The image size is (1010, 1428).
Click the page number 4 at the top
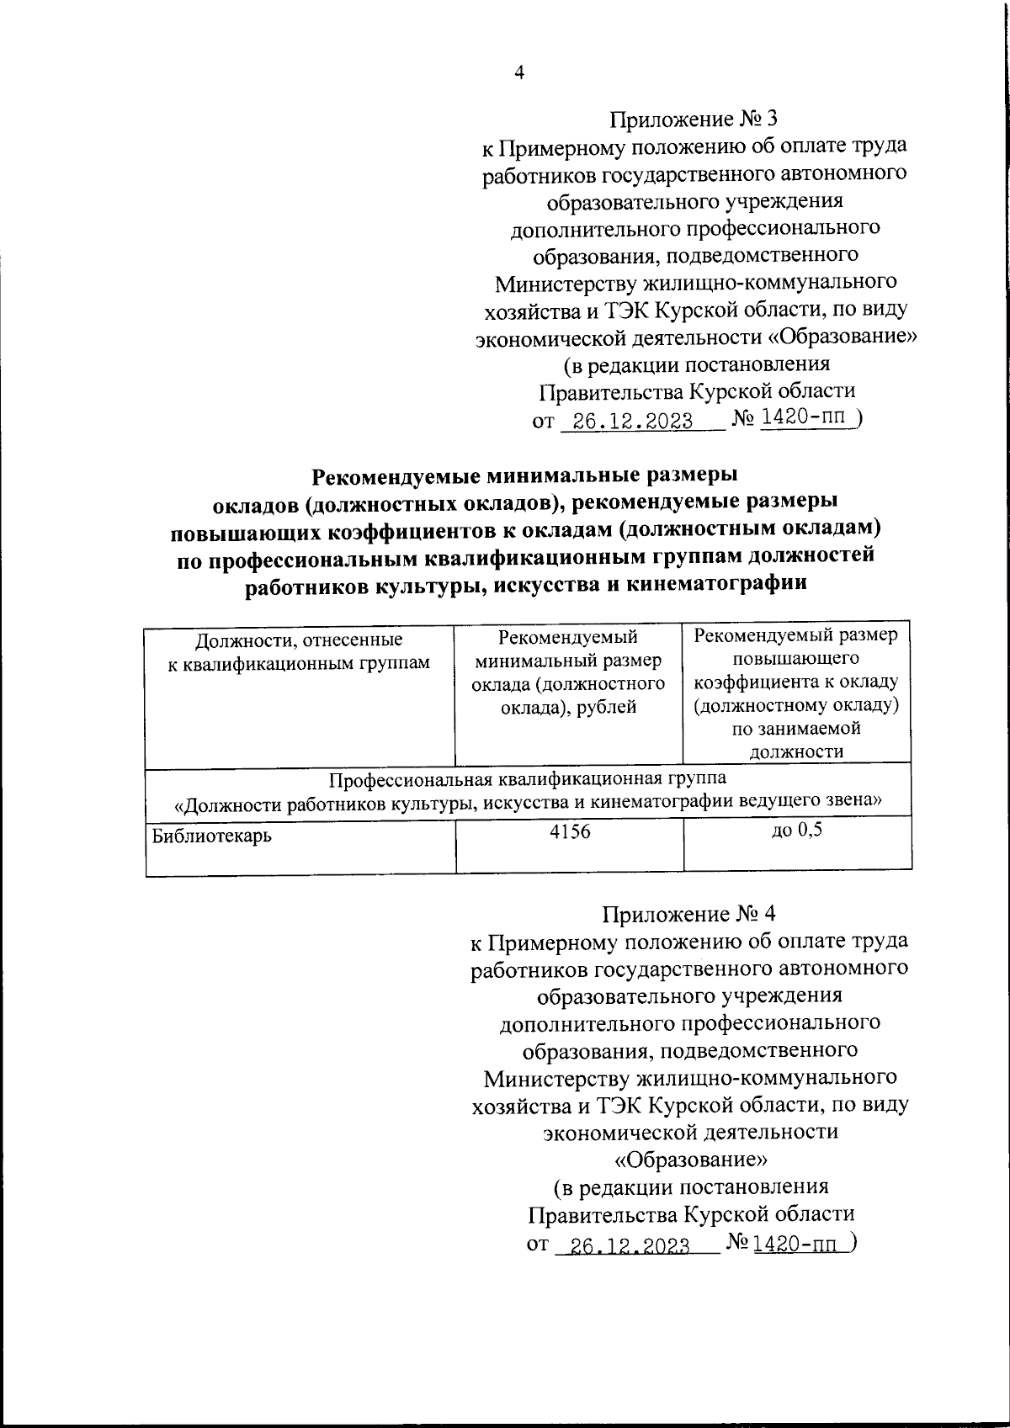tap(519, 74)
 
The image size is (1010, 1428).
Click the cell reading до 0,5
tap(796, 831)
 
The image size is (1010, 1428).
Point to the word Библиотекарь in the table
tap(212, 836)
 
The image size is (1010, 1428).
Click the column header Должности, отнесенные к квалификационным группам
tap(299, 652)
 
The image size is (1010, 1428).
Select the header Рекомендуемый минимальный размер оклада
tap(569, 673)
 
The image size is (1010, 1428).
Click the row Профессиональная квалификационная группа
tap(527, 789)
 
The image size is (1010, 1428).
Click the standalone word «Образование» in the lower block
tap(691, 1160)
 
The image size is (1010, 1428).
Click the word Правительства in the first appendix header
tap(610, 391)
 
